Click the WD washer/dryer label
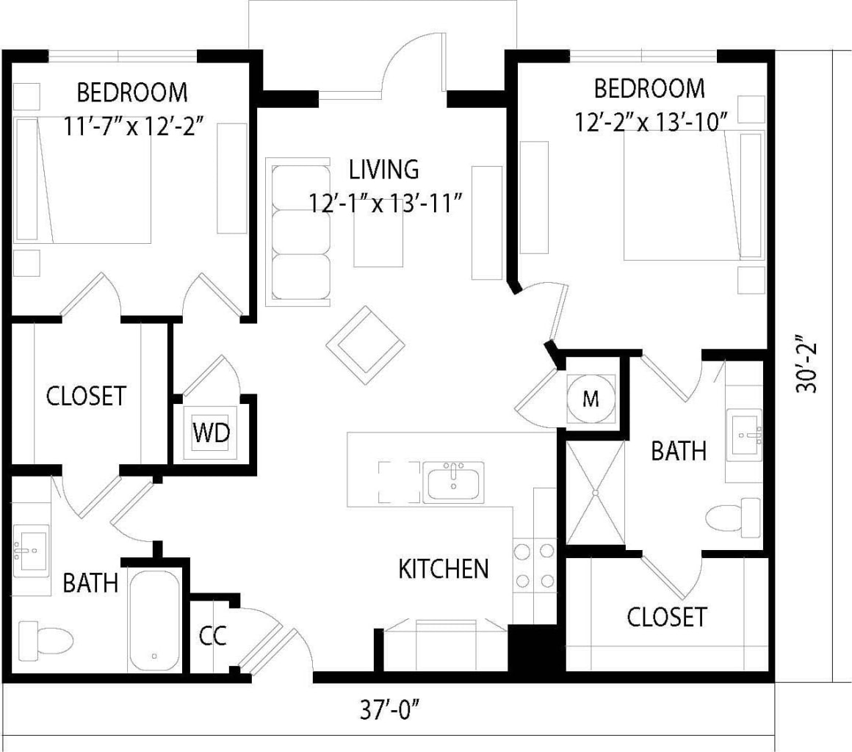click(x=211, y=433)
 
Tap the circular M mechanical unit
click(x=591, y=399)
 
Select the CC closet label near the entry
click(x=212, y=636)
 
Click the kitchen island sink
click(x=453, y=483)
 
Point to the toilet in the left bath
click(x=46, y=638)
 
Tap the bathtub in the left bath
click(x=154, y=620)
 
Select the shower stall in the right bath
click(x=595, y=491)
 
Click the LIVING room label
click(x=383, y=170)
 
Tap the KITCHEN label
click(x=444, y=568)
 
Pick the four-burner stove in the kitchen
click(x=534, y=565)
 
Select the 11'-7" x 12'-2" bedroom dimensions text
click(x=132, y=126)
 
